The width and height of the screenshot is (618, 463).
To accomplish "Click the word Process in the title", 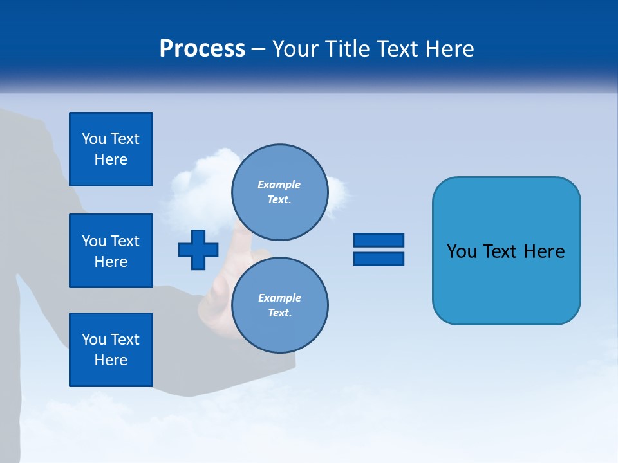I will tap(202, 49).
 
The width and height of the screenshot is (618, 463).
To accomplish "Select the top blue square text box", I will tap(111, 149).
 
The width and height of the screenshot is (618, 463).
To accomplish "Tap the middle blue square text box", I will tap(111, 251).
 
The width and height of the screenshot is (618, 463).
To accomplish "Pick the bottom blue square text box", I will tap(111, 349).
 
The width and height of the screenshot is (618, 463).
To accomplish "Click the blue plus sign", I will tap(198, 250).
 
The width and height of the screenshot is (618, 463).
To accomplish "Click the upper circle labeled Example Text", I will tap(279, 192).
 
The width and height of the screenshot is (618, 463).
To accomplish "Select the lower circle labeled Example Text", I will tap(279, 305).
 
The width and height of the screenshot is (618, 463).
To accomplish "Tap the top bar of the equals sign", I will tap(379, 240).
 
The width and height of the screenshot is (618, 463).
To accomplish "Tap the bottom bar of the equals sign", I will tap(379, 259).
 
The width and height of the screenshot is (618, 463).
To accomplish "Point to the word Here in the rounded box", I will tap(544, 251).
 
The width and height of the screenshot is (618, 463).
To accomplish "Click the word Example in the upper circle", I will tap(279, 185).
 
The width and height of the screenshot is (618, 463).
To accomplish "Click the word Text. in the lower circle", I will tap(279, 313).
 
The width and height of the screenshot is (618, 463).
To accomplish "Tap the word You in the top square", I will tap(94, 139).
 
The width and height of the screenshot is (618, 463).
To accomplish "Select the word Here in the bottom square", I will tap(111, 360).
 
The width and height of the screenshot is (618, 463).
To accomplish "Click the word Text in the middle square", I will tap(125, 241).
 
